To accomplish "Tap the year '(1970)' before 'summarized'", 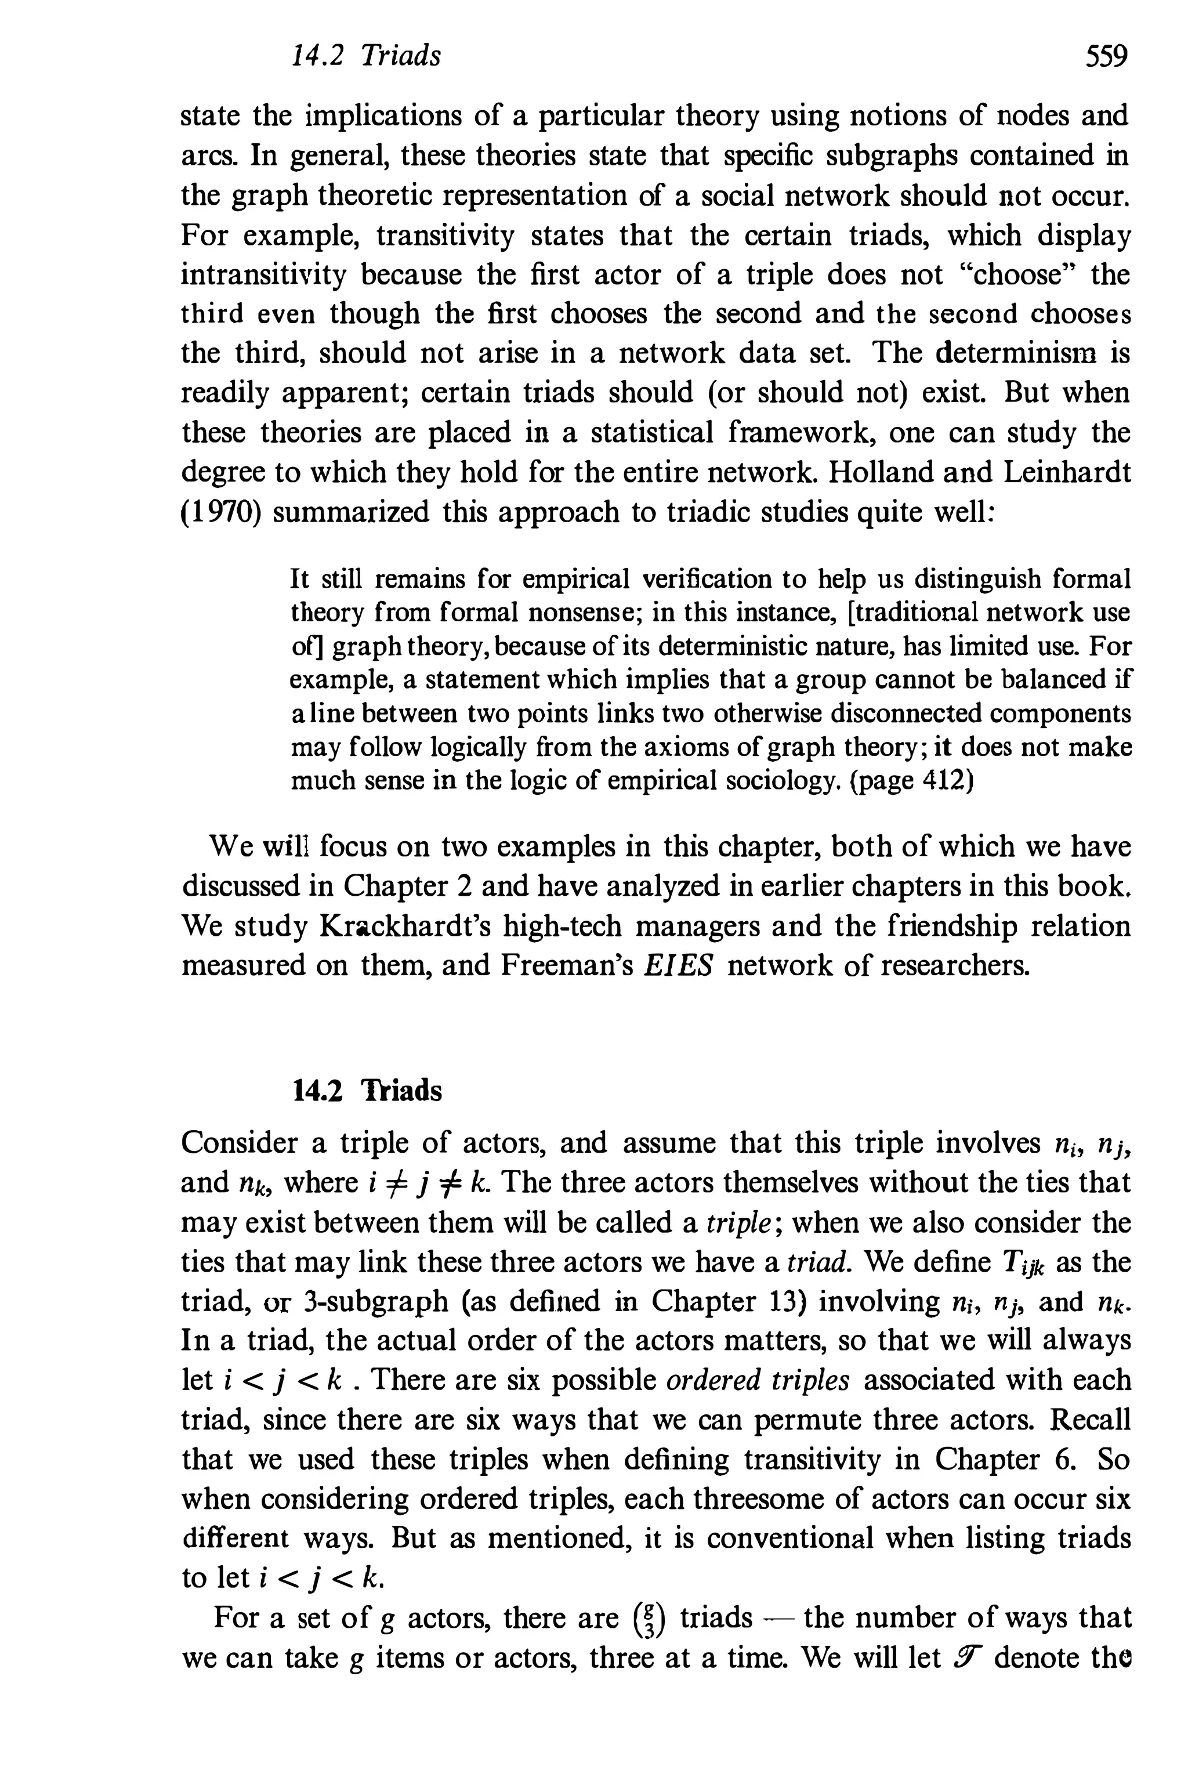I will (221, 512).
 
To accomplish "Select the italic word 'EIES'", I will (678, 966).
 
